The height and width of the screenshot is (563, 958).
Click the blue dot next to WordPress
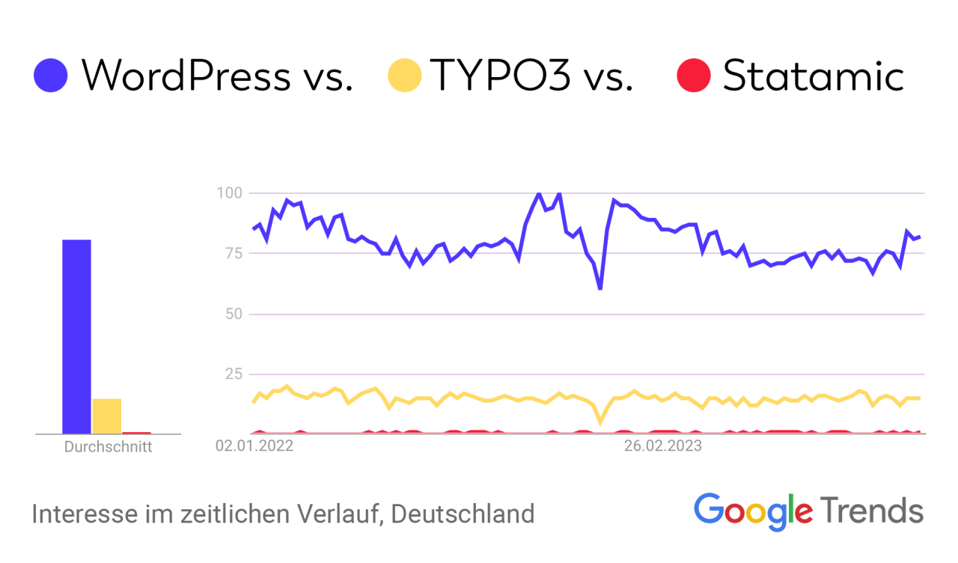(51, 76)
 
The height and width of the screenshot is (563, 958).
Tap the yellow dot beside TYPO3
(404, 76)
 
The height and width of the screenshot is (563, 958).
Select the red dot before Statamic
(693, 76)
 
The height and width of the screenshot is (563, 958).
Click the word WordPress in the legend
(186, 76)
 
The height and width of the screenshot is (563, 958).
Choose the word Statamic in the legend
(814, 76)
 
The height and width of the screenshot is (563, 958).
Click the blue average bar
(76, 336)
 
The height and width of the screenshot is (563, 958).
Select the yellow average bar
(107, 416)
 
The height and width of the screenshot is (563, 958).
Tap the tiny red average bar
(137, 432)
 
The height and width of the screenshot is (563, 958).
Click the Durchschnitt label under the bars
(108, 448)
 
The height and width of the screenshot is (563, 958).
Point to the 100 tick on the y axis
(229, 193)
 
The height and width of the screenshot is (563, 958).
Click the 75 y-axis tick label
(233, 253)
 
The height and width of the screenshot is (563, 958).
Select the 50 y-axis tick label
(233, 314)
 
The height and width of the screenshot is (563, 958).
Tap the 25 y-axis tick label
(233, 374)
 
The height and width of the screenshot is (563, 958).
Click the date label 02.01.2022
(254, 447)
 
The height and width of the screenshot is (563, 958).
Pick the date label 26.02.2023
(663, 447)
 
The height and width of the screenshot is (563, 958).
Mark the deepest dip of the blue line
(600, 287)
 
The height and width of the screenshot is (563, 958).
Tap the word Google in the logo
(753, 511)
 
